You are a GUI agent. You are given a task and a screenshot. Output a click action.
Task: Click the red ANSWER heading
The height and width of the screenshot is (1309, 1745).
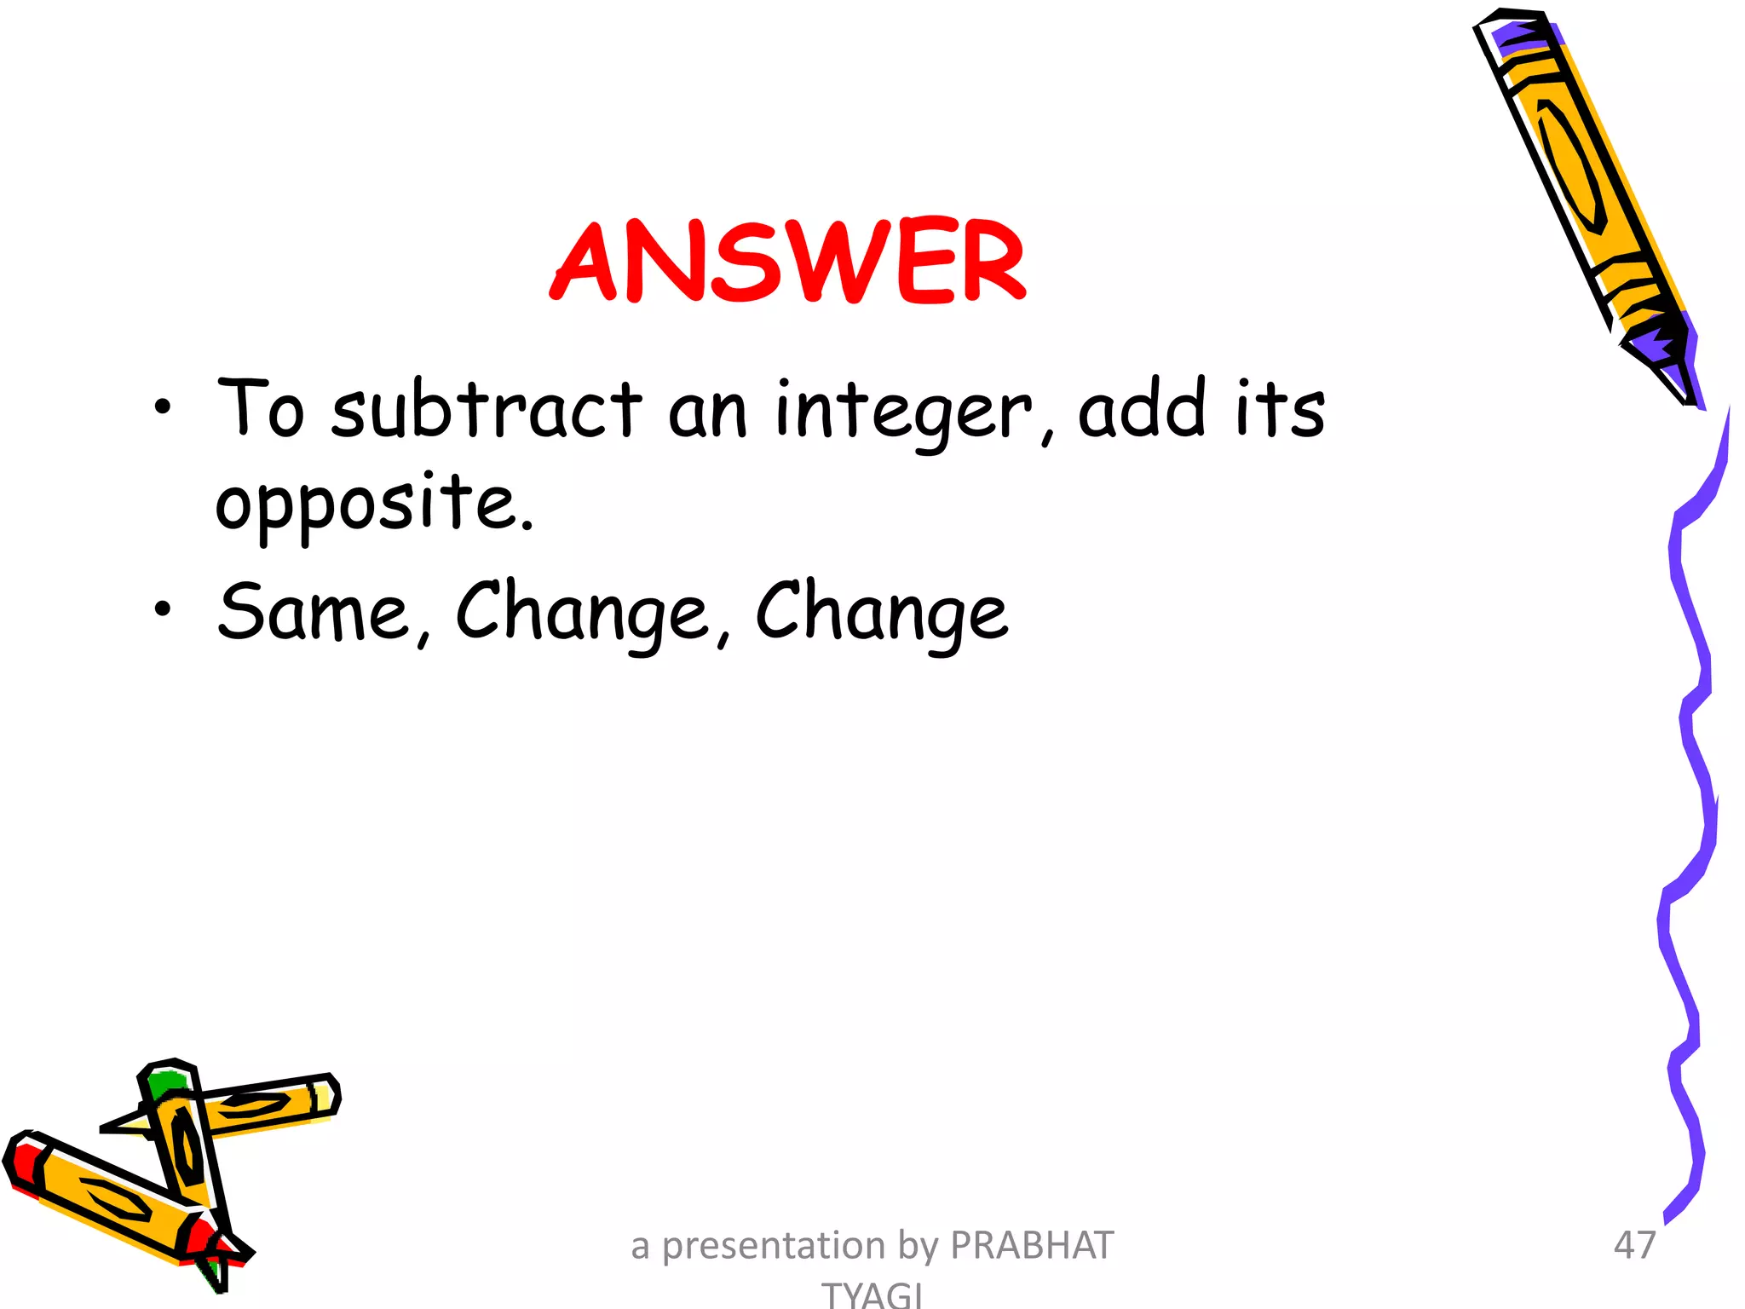788,262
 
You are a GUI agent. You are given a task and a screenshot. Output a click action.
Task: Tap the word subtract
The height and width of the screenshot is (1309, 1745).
487,409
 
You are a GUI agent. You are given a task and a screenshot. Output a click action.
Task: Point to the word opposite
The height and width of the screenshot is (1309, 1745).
375,503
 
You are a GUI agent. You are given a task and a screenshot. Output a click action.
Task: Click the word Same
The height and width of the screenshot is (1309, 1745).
314,611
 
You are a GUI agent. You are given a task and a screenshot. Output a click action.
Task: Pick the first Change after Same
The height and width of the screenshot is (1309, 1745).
583,613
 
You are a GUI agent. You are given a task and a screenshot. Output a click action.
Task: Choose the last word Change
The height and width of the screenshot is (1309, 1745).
882,613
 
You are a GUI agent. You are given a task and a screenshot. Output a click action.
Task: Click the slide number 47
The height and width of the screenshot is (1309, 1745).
1634,1245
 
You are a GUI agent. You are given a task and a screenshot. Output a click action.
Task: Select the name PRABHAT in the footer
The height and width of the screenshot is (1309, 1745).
1032,1245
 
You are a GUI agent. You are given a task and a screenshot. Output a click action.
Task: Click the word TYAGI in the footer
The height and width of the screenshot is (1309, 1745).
872,1294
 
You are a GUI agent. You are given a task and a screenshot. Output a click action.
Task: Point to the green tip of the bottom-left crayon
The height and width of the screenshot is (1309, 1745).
164,1083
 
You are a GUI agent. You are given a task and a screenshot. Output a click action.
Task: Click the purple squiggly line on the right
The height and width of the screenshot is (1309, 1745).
1691,767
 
